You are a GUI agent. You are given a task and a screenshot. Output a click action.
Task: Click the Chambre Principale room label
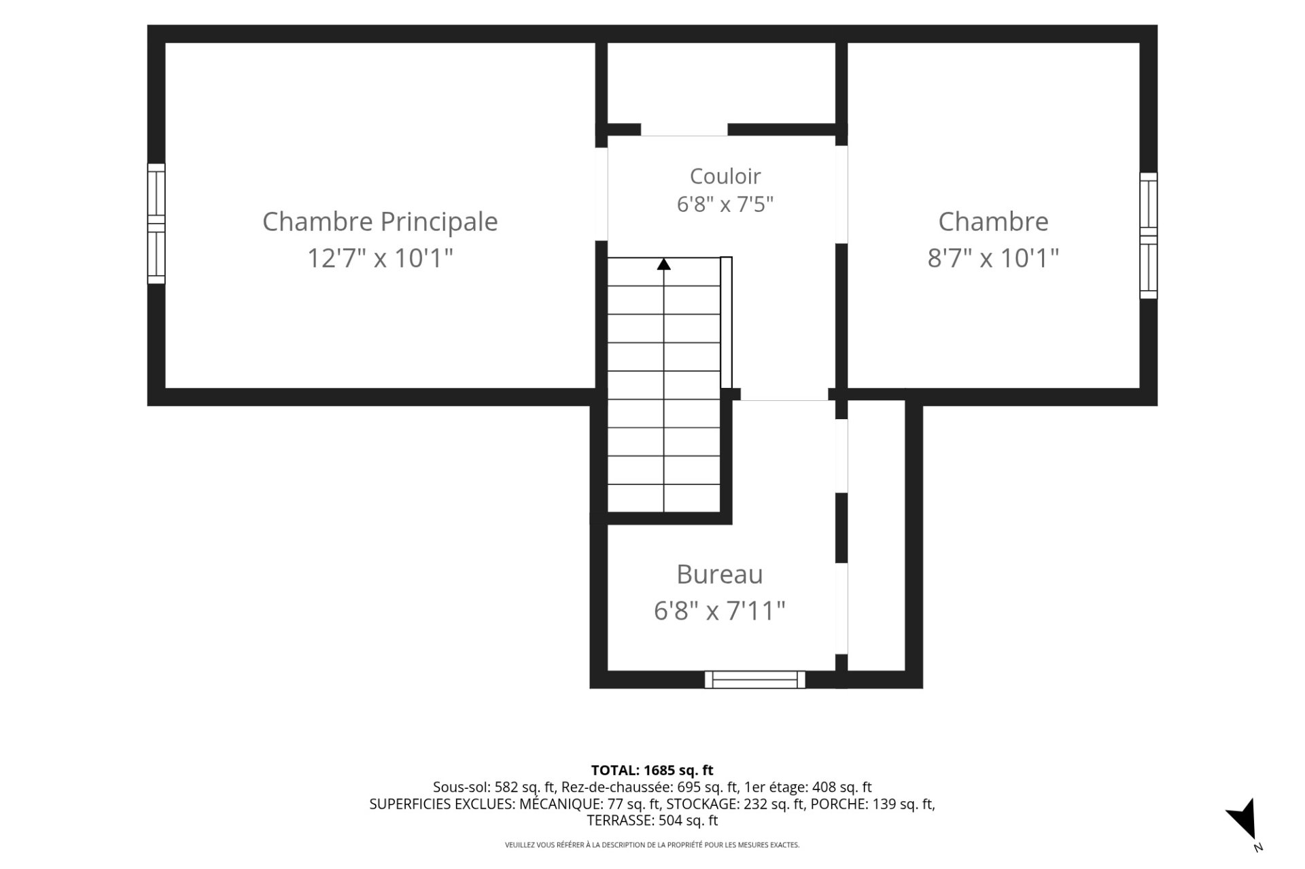pyautogui.click(x=380, y=221)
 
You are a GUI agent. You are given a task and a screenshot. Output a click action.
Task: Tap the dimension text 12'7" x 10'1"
pyautogui.click(x=380, y=258)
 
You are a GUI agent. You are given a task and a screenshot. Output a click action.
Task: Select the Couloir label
pyautogui.click(x=725, y=176)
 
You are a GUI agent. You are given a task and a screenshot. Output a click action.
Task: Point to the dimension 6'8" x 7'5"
pyautogui.click(x=725, y=204)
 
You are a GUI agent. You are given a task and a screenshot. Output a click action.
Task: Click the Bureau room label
pyautogui.click(x=720, y=574)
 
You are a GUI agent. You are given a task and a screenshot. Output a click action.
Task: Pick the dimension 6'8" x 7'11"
pyautogui.click(x=720, y=611)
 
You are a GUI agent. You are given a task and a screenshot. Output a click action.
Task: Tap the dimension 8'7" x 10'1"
pyautogui.click(x=993, y=258)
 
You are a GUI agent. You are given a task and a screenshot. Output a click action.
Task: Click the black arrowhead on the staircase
pyautogui.click(x=664, y=264)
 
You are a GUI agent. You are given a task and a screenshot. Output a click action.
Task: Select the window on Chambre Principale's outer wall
pyautogui.click(x=156, y=224)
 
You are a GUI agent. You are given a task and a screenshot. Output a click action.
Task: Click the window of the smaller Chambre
pyautogui.click(x=1149, y=235)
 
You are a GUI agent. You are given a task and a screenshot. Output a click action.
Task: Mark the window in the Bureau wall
pyautogui.click(x=755, y=679)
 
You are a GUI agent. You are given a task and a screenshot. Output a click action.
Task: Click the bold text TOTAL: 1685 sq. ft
pyautogui.click(x=652, y=770)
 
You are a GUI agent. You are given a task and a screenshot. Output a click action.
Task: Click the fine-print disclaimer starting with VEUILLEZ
pyautogui.click(x=652, y=845)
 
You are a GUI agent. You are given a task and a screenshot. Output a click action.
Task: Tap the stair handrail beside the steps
pyautogui.click(x=727, y=322)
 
